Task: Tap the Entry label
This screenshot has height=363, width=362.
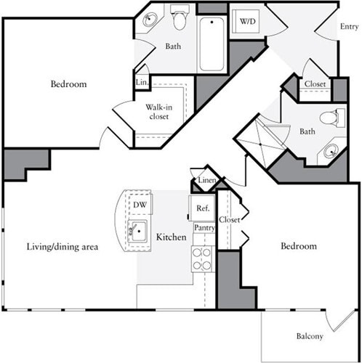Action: pos(350,27)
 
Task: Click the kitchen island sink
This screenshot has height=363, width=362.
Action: pos(137,233)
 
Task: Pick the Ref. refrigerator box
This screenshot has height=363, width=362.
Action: pos(202,208)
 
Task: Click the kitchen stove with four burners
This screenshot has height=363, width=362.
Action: pos(201,258)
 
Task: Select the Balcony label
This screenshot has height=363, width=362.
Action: pos(310,336)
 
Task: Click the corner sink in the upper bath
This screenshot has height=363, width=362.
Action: pos(151,20)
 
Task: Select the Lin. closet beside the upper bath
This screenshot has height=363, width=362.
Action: pos(141,83)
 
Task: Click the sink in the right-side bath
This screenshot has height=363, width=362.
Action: pos(331,151)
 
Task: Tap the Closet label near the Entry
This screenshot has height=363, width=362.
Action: pos(315,84)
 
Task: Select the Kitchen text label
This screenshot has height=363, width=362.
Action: pos(172,237)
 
